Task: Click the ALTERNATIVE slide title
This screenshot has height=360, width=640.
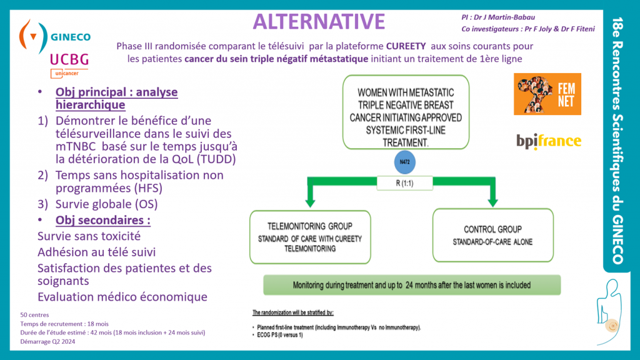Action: pos(319,22)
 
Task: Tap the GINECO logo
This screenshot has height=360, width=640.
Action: pos(55,36)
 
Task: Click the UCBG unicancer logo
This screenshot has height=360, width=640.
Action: pos(69,65)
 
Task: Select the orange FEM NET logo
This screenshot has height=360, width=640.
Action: pos(547,94)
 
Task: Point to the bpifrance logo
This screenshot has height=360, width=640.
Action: pos(549,141)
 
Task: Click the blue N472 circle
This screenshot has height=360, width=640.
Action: pos(404,162)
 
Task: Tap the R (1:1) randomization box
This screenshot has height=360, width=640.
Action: pos(404,183)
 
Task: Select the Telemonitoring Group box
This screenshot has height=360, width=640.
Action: pos(310,237)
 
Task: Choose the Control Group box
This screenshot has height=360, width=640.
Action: pos(493,236)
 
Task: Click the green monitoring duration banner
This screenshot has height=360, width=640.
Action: pos(412,285)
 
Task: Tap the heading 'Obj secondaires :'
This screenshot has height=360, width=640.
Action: pos(103,220)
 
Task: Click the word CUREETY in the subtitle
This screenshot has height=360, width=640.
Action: pos(406,46)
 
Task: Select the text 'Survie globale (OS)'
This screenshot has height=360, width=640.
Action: pos(106,204)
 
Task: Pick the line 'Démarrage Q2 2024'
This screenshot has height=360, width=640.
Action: pos(47,342)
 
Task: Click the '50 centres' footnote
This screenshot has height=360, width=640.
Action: pos(35,315)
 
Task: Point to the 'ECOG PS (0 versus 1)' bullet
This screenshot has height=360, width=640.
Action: pos(280,335)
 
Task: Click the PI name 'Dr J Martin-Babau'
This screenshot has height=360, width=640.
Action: pos(504,17)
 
